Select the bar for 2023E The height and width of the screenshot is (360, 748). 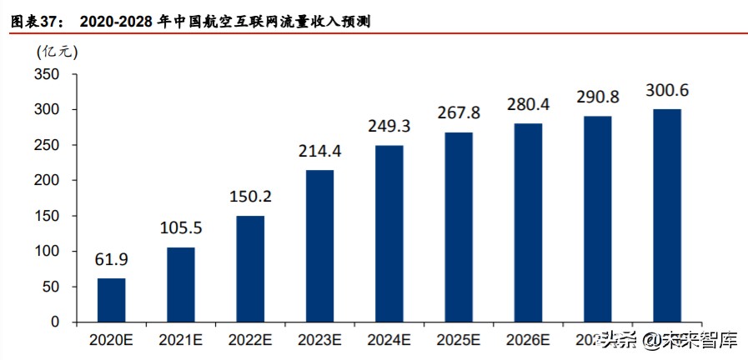point(319,246)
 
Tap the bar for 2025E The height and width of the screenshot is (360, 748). point(458,227)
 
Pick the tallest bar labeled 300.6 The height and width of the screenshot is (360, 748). point(666,215)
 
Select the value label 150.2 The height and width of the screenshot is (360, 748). point(249,197)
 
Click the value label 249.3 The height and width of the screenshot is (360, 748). point(389,127)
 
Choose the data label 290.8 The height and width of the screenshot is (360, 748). point(597,97)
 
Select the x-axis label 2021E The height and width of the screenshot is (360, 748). point(181,340)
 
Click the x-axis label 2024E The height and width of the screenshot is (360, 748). point(389,340)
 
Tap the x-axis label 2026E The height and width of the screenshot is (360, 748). point(527,340)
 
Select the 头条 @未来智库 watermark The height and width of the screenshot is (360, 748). point(668,340)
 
